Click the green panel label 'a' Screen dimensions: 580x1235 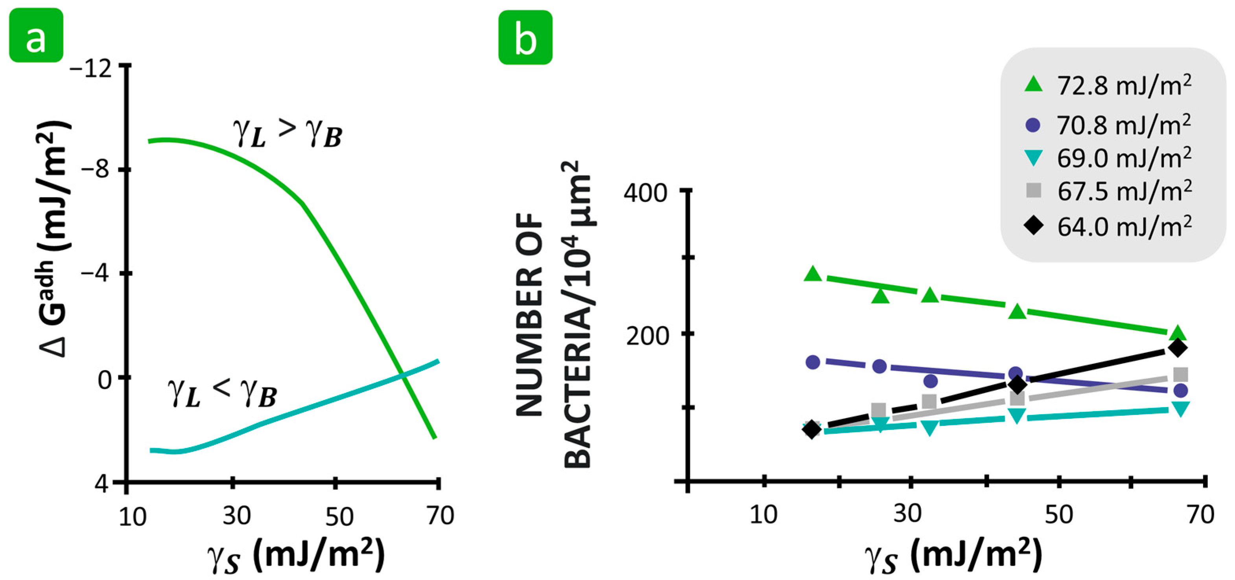click(x=36, y=36)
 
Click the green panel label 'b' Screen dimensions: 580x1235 click(x=525, y=38)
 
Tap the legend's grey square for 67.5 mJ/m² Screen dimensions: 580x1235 click(x=1034, y=190)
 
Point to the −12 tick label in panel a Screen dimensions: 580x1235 click(x=91, y=70)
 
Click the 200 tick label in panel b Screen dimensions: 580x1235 click(x=646, y=335)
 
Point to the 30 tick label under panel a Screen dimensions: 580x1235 click(x=236, y=516)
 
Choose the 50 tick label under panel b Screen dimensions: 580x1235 click(x=1058, y=514)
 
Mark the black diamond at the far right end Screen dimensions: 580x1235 click(x=1178, y=348)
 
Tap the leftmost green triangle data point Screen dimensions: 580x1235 click(x=813, y=274)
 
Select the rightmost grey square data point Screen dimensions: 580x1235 click(x=1180, y=374)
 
